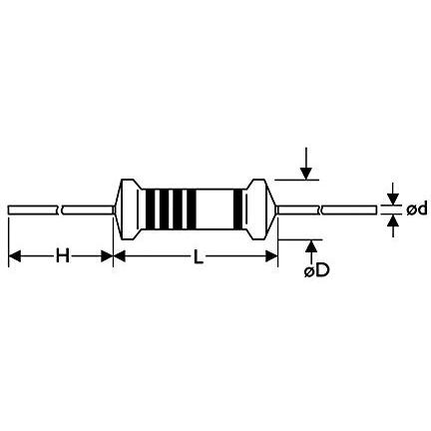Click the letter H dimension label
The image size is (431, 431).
coord(63,256)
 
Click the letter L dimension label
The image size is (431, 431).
coord(199,256)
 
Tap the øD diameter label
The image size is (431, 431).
coord(316,271)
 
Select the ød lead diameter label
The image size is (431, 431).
coord(416,210)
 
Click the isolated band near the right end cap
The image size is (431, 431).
coord(237,210)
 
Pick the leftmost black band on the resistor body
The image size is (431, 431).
coord(150,210)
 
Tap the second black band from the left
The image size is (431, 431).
coord(165,210)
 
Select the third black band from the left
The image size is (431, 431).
coord(178,210)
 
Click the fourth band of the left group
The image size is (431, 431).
coord(191,210)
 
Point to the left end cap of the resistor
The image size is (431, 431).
coord(129,210)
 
